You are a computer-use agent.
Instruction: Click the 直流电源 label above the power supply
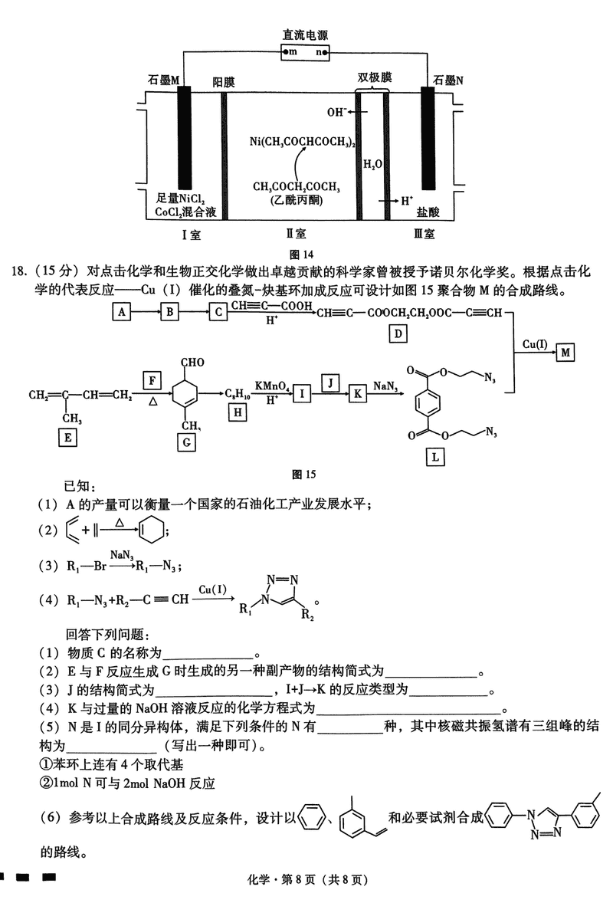[x=306, y=35]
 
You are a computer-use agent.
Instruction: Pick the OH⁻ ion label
[x=336, y=112]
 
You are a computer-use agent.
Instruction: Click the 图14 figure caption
[x=303, y=254]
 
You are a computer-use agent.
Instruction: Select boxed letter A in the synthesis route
[x=120, y=311]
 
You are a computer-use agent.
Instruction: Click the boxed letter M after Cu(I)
[x=565, y=352]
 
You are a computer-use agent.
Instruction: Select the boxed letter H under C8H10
[x=238, y=413]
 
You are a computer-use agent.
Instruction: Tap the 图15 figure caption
[x=304, y=474]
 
